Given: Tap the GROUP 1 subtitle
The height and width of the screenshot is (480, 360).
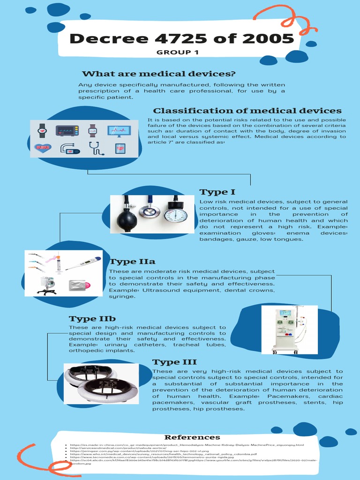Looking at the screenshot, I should [174, 52].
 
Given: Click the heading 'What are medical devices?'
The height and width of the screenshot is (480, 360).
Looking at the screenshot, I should [158, 74].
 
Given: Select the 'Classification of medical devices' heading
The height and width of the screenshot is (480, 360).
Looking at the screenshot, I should [247, 111].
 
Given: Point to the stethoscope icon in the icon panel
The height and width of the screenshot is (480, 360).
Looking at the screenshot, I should [96, 148].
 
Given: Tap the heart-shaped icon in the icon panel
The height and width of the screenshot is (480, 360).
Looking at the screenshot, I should [43, 149].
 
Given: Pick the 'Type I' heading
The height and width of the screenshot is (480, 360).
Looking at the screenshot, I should [217, 192].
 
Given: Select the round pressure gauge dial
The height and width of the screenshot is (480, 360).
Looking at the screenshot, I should [176, 215].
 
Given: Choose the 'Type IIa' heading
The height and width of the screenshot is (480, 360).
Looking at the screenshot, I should [132, 262].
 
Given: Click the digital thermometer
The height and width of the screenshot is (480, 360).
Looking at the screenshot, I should [83, 263].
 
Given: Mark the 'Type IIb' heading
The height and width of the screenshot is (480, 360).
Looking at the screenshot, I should [92, 319].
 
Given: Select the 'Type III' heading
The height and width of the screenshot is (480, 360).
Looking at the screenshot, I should [174, 362].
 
